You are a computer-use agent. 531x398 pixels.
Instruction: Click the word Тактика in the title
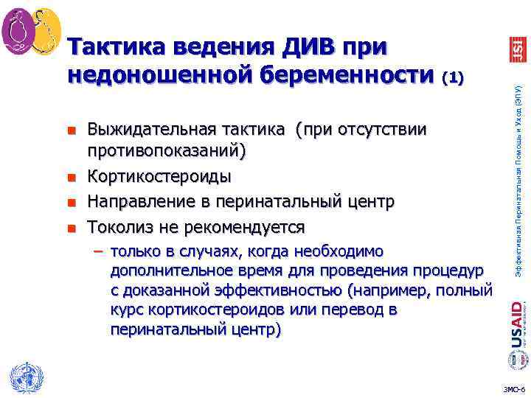(117, 47)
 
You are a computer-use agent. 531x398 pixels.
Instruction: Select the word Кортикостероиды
(159, 177)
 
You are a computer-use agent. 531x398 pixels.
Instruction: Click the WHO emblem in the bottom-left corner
(24, 377)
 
